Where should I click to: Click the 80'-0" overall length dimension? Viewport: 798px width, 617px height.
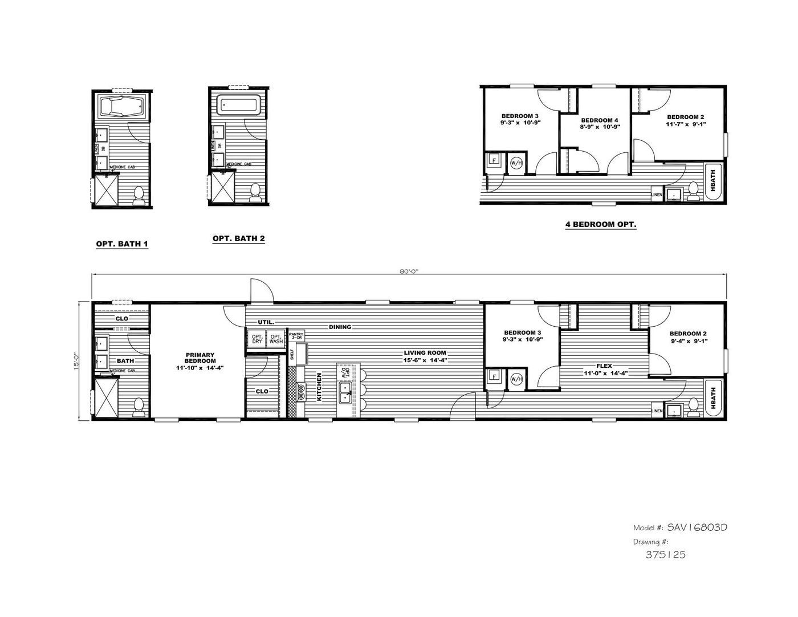pyautogui.click(x=409, y=272)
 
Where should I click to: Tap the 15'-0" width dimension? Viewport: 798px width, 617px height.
pyautogui.click(x=76, y=361)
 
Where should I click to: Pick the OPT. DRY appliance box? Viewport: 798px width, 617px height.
pyautogui.click(x=257, y=338)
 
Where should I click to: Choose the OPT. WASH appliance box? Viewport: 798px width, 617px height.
pyautogui.click(x=276, y=338)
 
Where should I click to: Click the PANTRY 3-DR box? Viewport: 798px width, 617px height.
pyautogui.click(x=296, y=335)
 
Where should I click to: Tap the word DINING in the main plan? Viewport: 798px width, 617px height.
pyautogui.click(x=340, y=327)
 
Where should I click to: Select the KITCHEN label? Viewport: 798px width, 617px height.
pyautogui.click(x=320, y=387)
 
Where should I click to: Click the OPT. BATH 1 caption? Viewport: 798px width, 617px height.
pyautogui.click(x=122, y=244)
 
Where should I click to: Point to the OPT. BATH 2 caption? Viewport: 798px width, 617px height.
pyautogui.click(x=238, y=238)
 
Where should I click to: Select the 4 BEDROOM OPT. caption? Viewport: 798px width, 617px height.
pyautogui.click(x=601, y=224)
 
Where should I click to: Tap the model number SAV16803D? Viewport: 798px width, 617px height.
pyautogui.click(x=697, y=527)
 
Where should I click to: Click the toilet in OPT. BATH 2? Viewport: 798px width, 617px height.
pyautogui.click(x=255, y=192)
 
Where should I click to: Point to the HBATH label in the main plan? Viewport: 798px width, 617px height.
pyautogui.click(x=712, y=398)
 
